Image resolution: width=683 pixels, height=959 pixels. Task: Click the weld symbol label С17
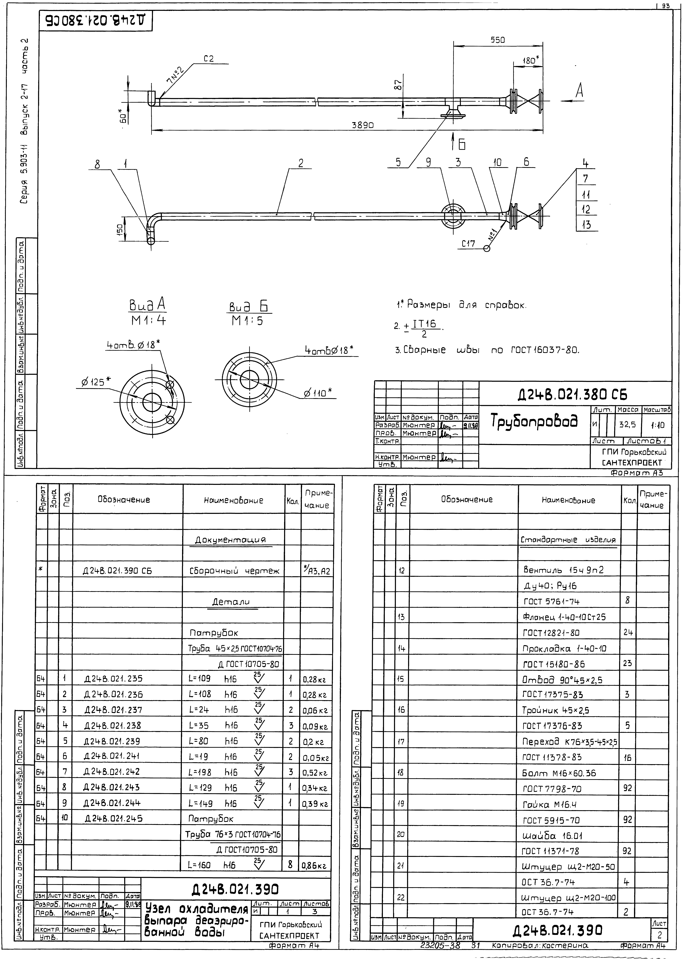pyautogui.click(x=468, y=243)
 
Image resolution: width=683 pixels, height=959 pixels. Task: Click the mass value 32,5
pyautogui.click(x=627, y=425)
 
